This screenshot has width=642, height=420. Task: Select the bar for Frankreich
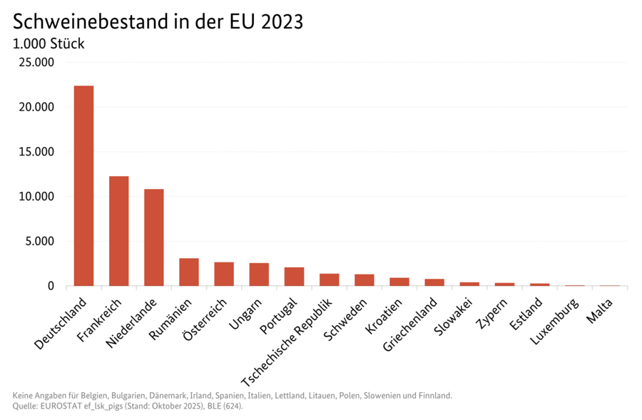pyautogui.click(x=118, y=231)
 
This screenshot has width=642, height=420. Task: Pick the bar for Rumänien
pyautogui.click(x=189, y=272)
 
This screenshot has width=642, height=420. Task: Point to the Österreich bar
pyautogui.click(x=224, y=274)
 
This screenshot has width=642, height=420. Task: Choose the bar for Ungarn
pyautogui.click(x=259, y=275)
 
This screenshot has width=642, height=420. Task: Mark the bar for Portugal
pyautogui.click(x=294, y=277)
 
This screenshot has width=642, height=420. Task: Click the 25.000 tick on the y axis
pyautogui.click(x=36, y=63)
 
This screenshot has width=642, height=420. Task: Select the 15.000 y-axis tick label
pyautogui.click(x=36, y=152)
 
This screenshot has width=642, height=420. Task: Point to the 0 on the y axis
pyautogui.click(x=51, y=286)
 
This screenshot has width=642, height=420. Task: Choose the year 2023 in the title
pyautogui.click(x=283, y=21)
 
